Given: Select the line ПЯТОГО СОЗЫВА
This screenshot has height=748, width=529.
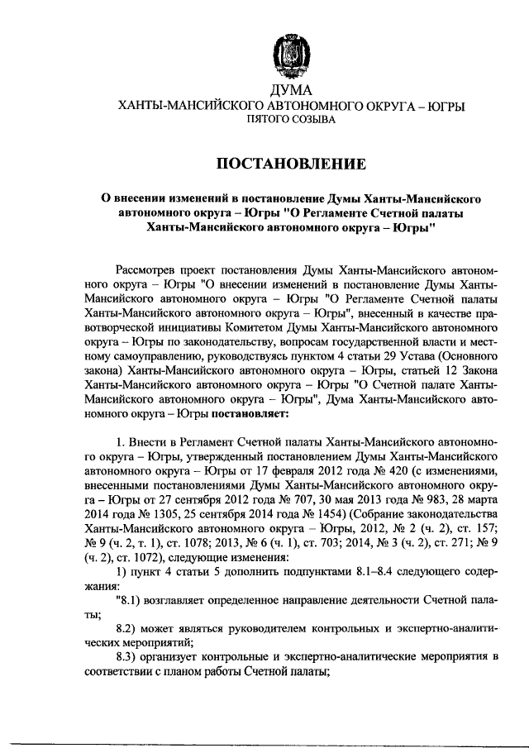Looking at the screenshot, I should (x=291, y=121).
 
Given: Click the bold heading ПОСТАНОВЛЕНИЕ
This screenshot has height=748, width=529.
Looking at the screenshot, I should (x=291, y=164).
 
